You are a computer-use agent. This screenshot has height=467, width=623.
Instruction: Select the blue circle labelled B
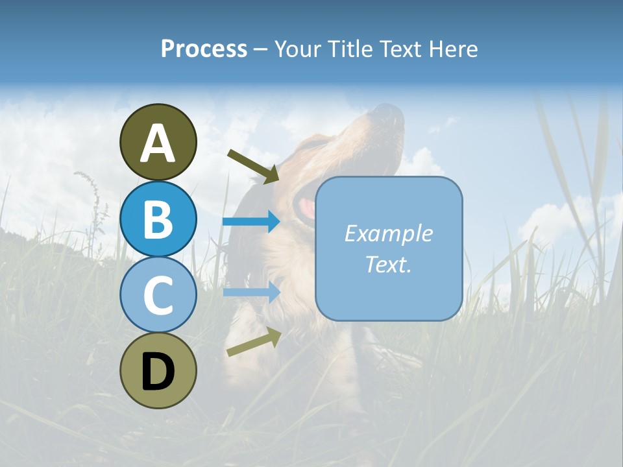point(158,219)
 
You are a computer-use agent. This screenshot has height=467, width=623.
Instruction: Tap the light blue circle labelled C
point(158,294)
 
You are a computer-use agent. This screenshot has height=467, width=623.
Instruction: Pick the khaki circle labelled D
point(158,370)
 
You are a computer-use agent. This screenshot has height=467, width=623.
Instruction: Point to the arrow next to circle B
point(251,222)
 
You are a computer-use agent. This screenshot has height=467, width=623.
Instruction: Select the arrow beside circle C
point(251,292)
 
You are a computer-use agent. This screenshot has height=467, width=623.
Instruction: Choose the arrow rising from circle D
point(254,342)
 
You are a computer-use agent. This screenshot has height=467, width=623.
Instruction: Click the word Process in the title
point(204,49)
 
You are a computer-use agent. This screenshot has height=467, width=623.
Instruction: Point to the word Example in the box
point(388,233)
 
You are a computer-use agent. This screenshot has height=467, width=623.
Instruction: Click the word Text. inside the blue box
point(388,264)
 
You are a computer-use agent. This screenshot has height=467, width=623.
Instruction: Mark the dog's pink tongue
point(306,208)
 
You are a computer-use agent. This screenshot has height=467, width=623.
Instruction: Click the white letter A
point(158,143)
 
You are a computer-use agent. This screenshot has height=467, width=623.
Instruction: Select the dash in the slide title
point(260,49)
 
